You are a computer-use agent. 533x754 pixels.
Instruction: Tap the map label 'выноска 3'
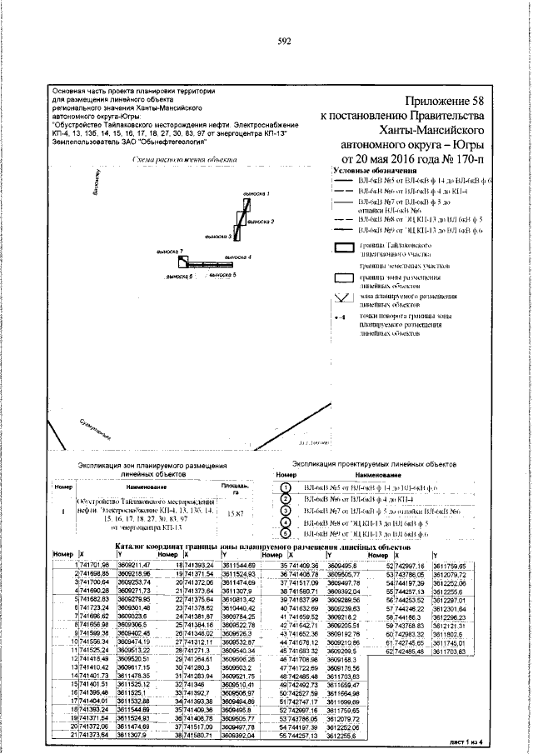point(217,237)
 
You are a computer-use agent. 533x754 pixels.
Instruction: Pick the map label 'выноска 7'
point(170,250)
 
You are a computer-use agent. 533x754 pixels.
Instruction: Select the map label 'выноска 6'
point(180,275)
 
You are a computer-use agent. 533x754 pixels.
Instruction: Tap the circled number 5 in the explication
point(286,533)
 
